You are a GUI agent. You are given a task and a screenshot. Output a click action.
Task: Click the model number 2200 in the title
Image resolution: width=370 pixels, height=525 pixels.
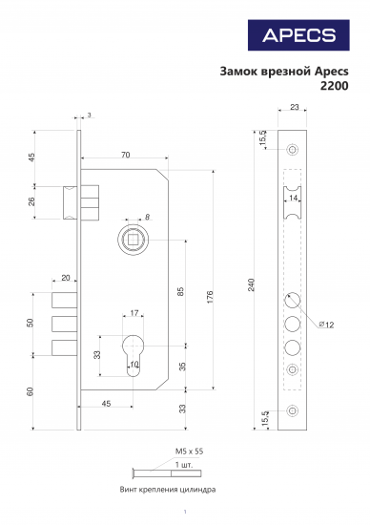(334, 87)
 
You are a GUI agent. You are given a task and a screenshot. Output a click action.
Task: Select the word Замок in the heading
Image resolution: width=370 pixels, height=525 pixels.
(238, 71)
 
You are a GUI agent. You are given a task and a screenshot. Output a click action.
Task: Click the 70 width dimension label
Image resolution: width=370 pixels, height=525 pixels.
(126, 155)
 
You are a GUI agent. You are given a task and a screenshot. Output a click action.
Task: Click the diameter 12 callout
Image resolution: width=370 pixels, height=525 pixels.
(327, 326)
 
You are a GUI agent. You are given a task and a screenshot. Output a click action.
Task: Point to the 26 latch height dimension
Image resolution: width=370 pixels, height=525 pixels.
(31, 201)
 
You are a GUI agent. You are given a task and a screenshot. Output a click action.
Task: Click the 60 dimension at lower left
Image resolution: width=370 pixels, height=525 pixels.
(31, 389)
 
